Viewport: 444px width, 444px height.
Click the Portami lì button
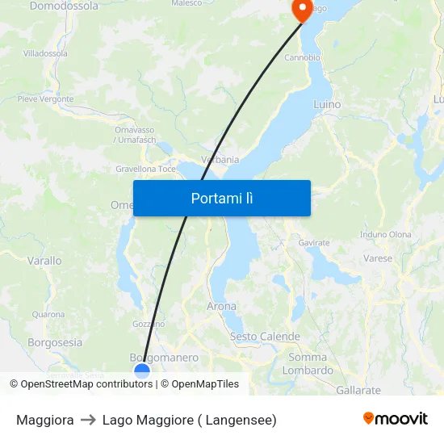pos(222,198)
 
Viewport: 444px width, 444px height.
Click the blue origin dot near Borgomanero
pos(142,371)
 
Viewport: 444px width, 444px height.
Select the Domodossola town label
pos(64,6)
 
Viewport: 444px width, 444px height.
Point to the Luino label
pos(327,104)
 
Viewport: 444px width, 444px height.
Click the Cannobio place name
pos(302,58)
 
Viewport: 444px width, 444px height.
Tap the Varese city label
pos(378,259)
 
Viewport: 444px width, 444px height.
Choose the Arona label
pos(222,307)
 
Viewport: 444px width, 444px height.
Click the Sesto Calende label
pos(265,337)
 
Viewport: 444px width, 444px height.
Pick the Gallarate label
pos(358,390)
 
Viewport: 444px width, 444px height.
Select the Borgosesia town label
pos(55,342)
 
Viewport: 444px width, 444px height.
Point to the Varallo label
pos(44,261)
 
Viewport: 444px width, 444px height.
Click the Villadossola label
pos(45,53)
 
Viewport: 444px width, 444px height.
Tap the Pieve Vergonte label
pos(45,99)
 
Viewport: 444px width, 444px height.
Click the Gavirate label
pos(314,242)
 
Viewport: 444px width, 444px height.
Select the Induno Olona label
pos(385,235)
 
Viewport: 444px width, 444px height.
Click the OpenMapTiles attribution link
pos(205,384)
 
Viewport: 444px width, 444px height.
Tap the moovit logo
pos(396,418)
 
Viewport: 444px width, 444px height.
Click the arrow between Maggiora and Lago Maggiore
pos(88,420)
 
